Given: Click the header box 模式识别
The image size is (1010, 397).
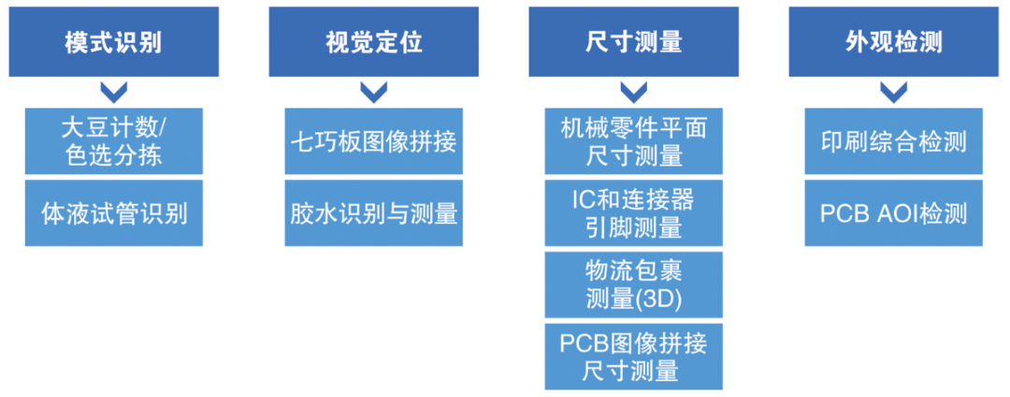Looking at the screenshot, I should click(x=113, y=43).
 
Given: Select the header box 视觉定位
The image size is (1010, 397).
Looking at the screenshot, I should click(x=373, y=43).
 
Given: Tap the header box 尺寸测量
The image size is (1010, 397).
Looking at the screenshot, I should click(x=633, y=43).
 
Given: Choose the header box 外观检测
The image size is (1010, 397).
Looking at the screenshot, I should click(x=893, y=43).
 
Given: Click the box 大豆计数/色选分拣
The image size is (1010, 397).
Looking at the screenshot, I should click(x=113, y=140).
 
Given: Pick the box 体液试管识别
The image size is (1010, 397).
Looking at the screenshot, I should click(x=113, y=213).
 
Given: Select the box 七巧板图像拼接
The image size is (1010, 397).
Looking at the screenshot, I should click(x=373, y=140).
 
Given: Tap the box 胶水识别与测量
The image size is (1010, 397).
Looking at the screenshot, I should click(x=373, y=213).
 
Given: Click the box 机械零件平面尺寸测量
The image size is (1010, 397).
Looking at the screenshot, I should click(x=633, y=140).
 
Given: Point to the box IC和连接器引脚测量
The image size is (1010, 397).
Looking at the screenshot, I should click(x=633, y=213).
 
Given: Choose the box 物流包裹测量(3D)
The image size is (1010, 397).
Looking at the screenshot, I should click(x=633, y=284).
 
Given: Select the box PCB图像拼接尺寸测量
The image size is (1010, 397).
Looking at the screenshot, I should click(x=633, y=356).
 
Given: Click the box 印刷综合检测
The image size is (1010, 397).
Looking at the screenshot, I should click(x=893, y=140).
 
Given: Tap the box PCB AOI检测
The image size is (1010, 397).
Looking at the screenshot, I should click(x=893, y=213).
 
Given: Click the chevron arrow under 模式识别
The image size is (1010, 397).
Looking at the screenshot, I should click(x=113, y=92).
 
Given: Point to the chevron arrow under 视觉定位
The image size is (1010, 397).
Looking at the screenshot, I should click(x=373, y=92).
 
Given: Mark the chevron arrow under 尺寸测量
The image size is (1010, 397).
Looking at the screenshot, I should click(x=633, y=92).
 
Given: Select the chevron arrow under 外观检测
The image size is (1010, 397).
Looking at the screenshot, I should click(x=893, y=92).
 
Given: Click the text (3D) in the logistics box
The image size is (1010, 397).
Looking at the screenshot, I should click(x=660, y=299).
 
